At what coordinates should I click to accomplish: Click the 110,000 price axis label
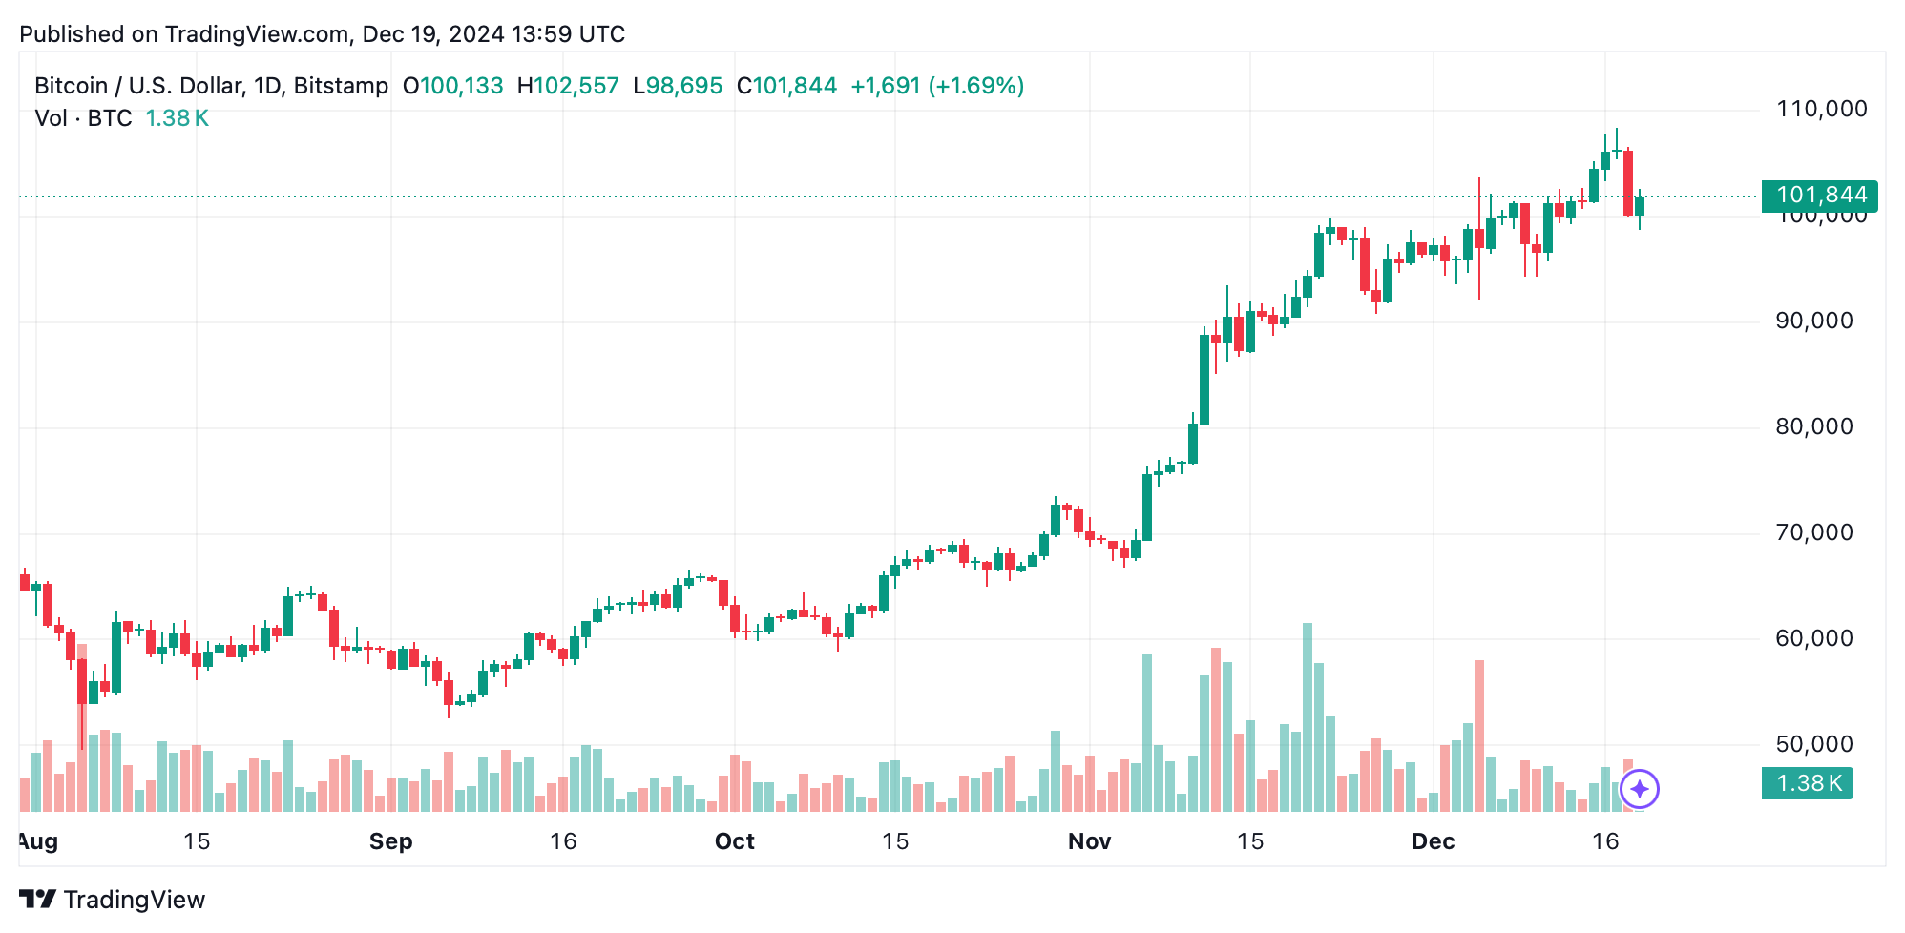click(1821, 109)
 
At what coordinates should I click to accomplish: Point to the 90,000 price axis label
click(1813, 321)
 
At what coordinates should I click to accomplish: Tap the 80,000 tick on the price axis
click(1813, 426)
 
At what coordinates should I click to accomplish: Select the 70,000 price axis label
click(1813, 532)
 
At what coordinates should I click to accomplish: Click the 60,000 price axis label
click(1813, 638)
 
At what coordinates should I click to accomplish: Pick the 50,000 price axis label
click(1813, 744)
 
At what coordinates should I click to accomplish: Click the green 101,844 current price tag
click(1819, 195)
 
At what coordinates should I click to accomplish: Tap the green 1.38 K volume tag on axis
click(1807, 783)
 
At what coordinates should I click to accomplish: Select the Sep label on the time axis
click(390, 841)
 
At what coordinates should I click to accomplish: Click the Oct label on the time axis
click(734, 841)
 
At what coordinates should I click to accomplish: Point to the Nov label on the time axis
click(1089, 841)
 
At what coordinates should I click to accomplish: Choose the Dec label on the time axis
click(1433, 841)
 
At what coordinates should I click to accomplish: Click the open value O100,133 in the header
click(452, 86)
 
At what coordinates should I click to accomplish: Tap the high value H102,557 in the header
click(568, 86)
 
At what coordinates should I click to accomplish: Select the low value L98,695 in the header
click(678, 86)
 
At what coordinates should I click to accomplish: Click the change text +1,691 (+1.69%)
click(937, 86)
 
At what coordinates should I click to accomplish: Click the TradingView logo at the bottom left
click(112, 900)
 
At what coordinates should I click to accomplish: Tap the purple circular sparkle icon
click(1640, 789)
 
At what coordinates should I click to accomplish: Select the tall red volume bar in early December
click(1479, 735)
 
